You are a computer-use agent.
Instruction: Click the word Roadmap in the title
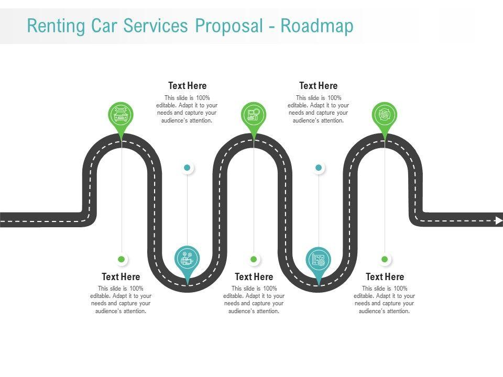(317, 26)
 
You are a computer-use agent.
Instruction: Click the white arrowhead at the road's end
(498, 220)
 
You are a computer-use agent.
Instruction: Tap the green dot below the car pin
(122, 259)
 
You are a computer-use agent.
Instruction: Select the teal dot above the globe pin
(187, 168)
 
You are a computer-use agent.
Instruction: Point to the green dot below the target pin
(385, 259)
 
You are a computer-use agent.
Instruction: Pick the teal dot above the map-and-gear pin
(319, 168)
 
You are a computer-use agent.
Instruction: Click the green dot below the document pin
(254, 259)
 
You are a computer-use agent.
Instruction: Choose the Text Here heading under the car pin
(121, 276)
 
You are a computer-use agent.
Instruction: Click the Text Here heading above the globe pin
(187, 85)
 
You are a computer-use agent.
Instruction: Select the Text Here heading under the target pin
(385, 276)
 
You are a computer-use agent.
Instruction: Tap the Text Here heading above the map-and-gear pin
(318, 85)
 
